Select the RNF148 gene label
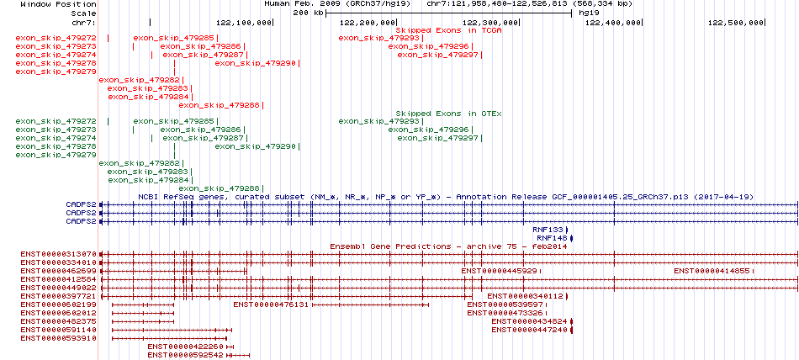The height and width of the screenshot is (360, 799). click(x=552, y=238)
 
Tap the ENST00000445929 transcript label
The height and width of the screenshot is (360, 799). click(x=499, y=271)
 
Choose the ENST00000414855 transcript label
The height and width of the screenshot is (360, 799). click(x=712, y=271)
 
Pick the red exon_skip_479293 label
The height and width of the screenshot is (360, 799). click(x=378, y=38)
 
